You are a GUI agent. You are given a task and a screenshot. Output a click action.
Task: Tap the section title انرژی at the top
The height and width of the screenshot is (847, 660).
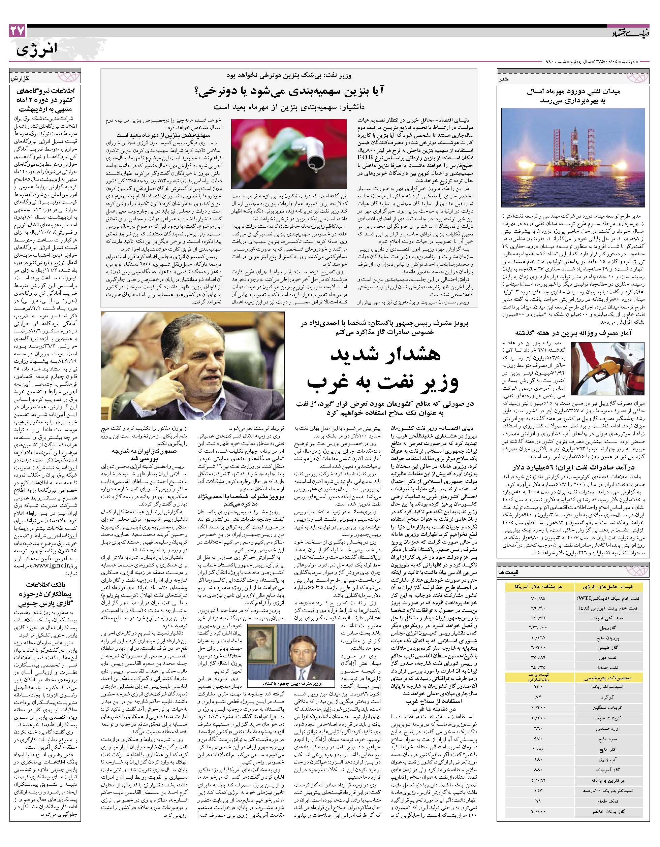(x=37, y=49)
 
